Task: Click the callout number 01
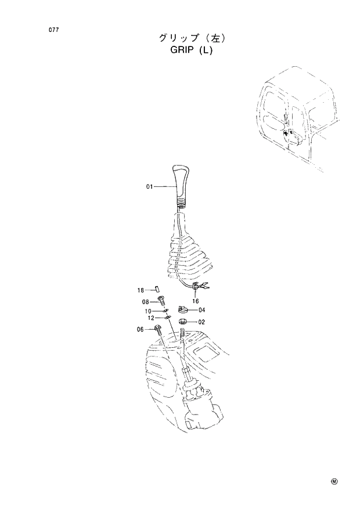[149, 186]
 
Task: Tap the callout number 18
[141, 290]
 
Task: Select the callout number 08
[146, 301]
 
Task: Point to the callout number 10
[149, 311]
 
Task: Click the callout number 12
[150, 318]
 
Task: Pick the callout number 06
[141, 329]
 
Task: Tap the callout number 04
[201, 309]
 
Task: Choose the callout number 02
[201, 321]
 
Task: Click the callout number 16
[195, 301]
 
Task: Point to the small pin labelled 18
[157, 289]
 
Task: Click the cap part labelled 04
[182, 309]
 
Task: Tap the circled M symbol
[334, 481]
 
